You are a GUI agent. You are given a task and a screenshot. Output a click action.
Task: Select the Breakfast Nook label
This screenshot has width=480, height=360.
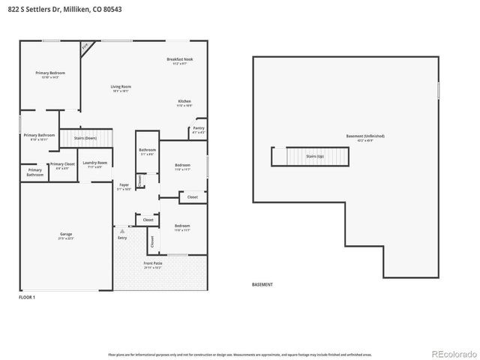point(180,61)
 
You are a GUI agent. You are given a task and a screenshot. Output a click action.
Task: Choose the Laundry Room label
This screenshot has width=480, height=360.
point(94,164)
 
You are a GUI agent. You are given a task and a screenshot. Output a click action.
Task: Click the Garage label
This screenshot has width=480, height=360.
point(66,235)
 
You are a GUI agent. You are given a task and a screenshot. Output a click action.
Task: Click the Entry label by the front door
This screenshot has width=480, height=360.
point(122,237)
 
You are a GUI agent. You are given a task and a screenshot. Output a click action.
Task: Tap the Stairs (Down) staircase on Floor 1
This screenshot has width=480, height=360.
point(86,139)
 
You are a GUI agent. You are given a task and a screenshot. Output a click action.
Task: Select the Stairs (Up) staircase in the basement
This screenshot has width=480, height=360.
point(314,157)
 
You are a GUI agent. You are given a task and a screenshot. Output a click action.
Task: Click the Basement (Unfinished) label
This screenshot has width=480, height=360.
point(364,137)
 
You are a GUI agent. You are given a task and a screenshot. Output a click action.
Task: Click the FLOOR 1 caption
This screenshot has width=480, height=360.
point(27,298)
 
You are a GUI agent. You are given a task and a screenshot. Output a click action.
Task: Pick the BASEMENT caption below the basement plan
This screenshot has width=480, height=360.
point(262,285)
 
